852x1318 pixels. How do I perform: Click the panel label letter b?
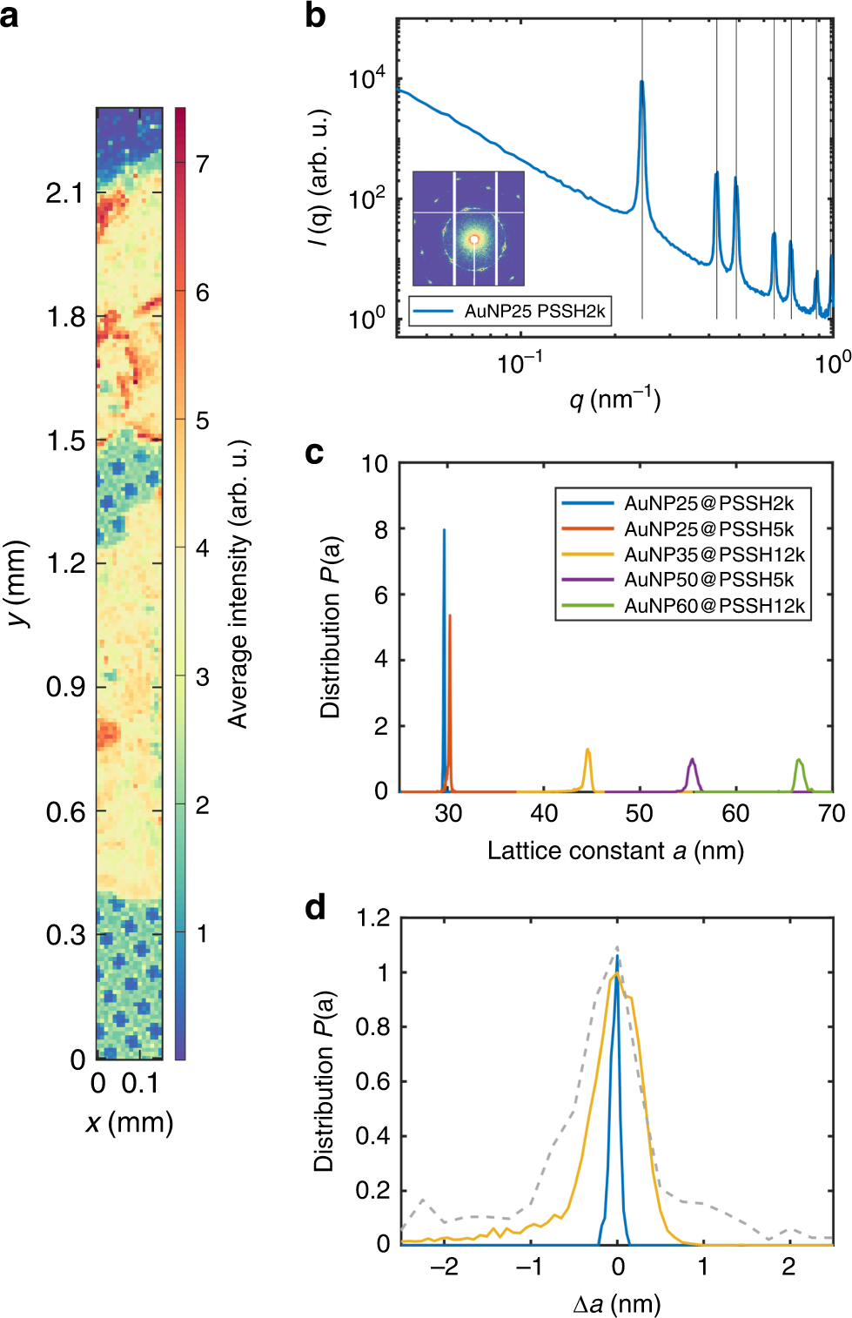point(315,17)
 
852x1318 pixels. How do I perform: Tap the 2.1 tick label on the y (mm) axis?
point(65,192)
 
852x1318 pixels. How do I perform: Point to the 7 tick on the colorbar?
point(202,164)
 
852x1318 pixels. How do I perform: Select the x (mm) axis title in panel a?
point(130,1122)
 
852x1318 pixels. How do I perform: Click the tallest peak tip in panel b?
point(641,82)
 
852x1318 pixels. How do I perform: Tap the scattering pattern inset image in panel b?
point(468,228)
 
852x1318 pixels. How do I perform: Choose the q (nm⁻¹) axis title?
point(614,400)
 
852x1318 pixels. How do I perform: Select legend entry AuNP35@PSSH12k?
point(714,555)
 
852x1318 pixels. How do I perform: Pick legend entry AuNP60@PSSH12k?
point(714,606)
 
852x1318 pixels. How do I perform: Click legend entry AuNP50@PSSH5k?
point(708,580)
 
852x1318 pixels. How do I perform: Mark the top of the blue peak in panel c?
point(444,530)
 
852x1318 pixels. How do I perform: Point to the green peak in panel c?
point(799,761)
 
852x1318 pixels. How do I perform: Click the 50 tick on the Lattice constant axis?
point(639,813)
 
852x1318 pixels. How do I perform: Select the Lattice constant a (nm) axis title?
point(615,851)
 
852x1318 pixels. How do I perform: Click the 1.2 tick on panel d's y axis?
point(372,918)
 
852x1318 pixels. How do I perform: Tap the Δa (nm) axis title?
point(616,1303)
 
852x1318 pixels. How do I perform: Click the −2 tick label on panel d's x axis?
point(443,1267)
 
